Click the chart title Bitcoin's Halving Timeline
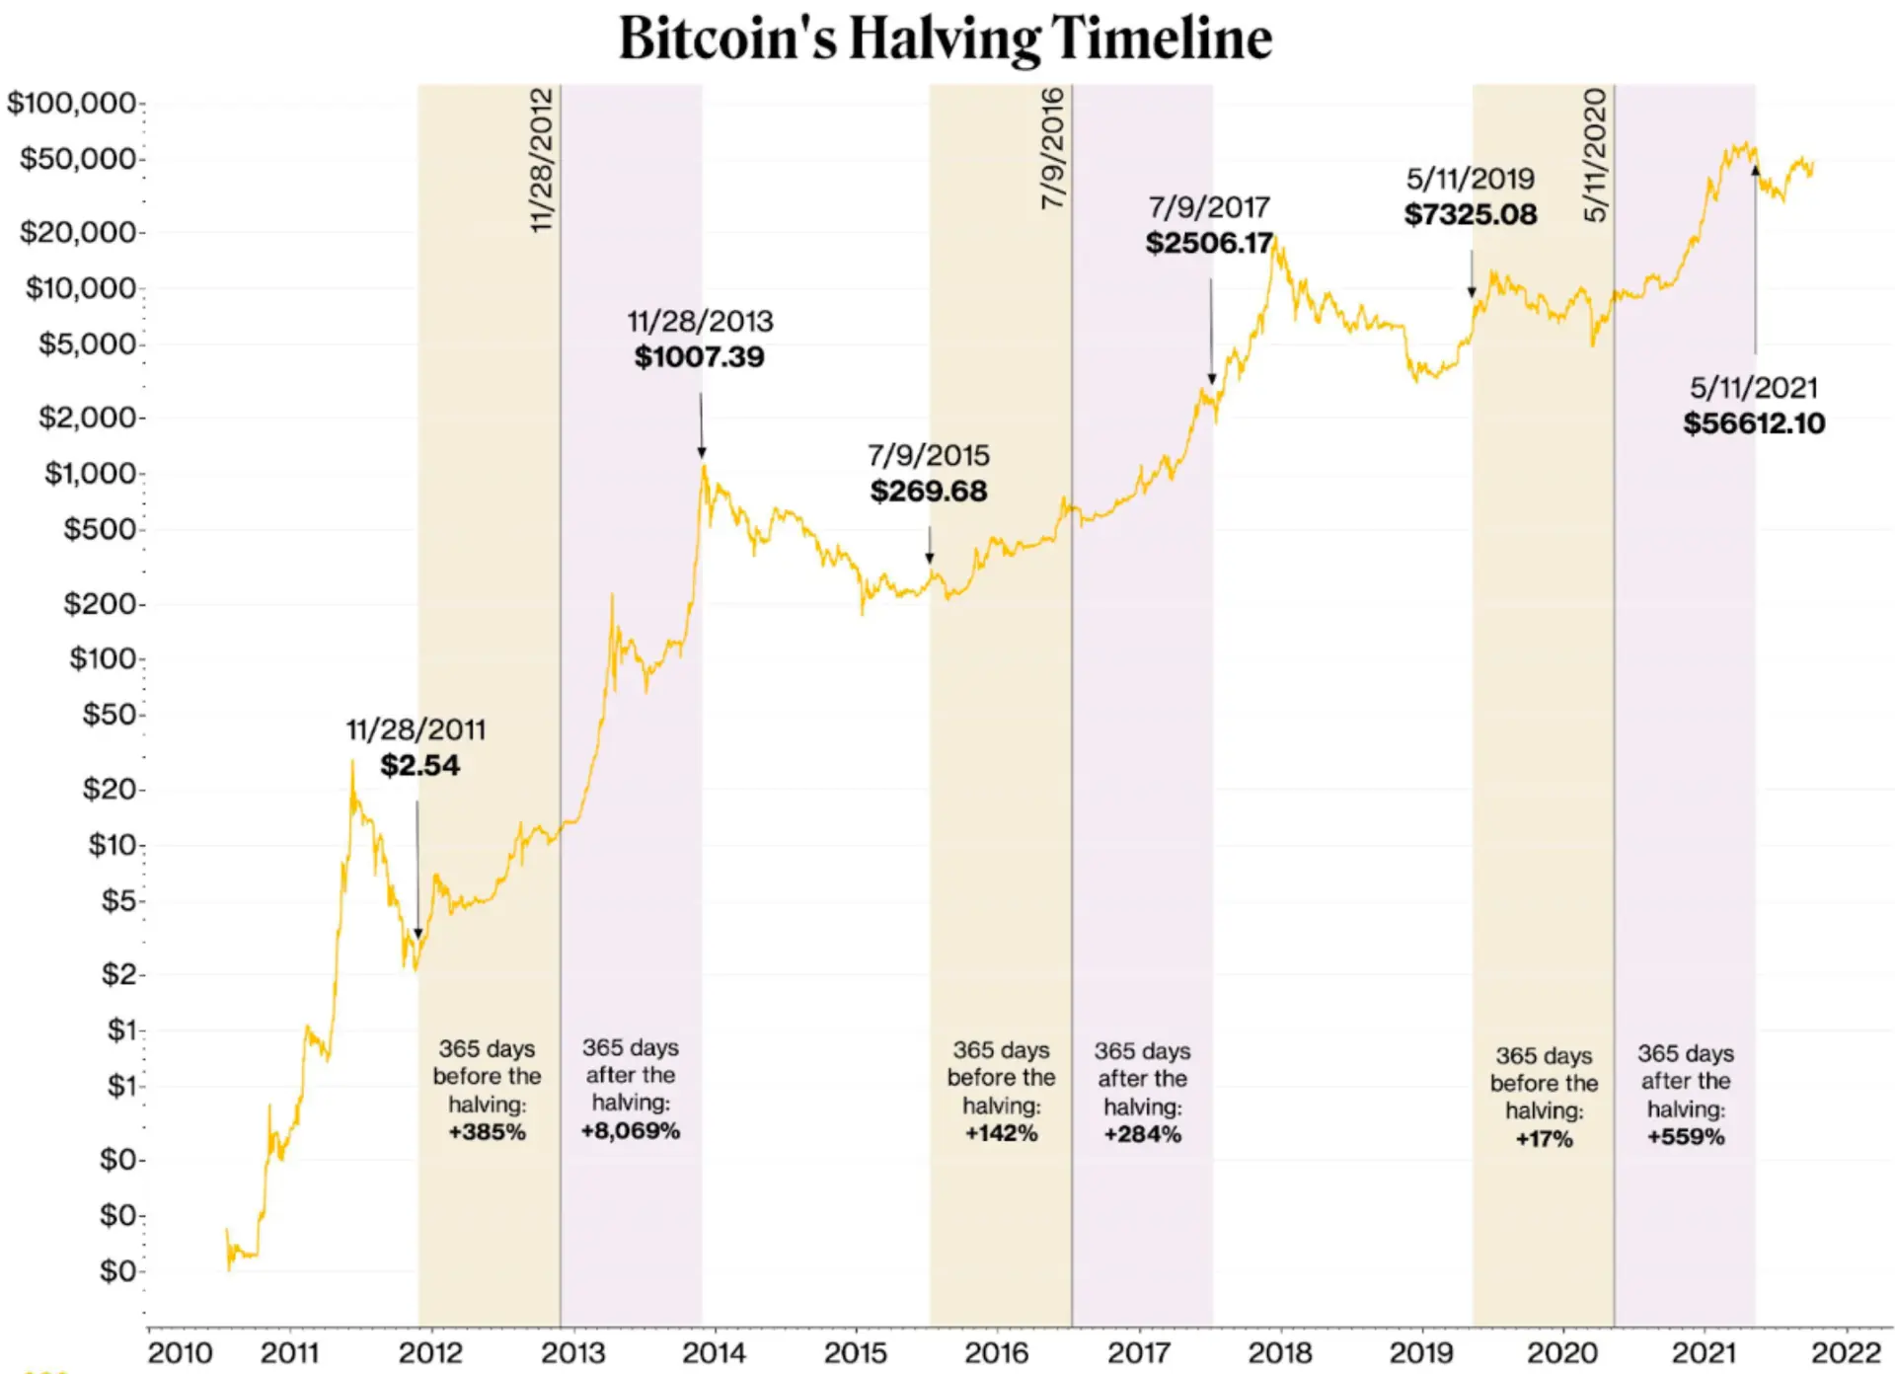[945, 39]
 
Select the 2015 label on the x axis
[855, 1351]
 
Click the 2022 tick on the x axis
[1846, 1351]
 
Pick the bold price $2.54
[419, 765]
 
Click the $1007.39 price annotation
[699, 356]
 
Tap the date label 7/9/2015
[928, 455]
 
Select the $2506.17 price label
[1209, 243]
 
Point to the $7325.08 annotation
[1471, 214]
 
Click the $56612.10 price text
[1754, 423]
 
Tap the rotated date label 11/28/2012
[541, 160]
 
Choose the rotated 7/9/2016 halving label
[1052, 148]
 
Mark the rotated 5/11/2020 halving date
[1595, 155]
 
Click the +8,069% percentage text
[630, 1130]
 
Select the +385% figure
[487, 1132]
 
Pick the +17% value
[1544, 1139]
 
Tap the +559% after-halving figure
[1685, 1137]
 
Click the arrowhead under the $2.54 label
[417, 933]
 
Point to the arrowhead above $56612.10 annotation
[1755, 170]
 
